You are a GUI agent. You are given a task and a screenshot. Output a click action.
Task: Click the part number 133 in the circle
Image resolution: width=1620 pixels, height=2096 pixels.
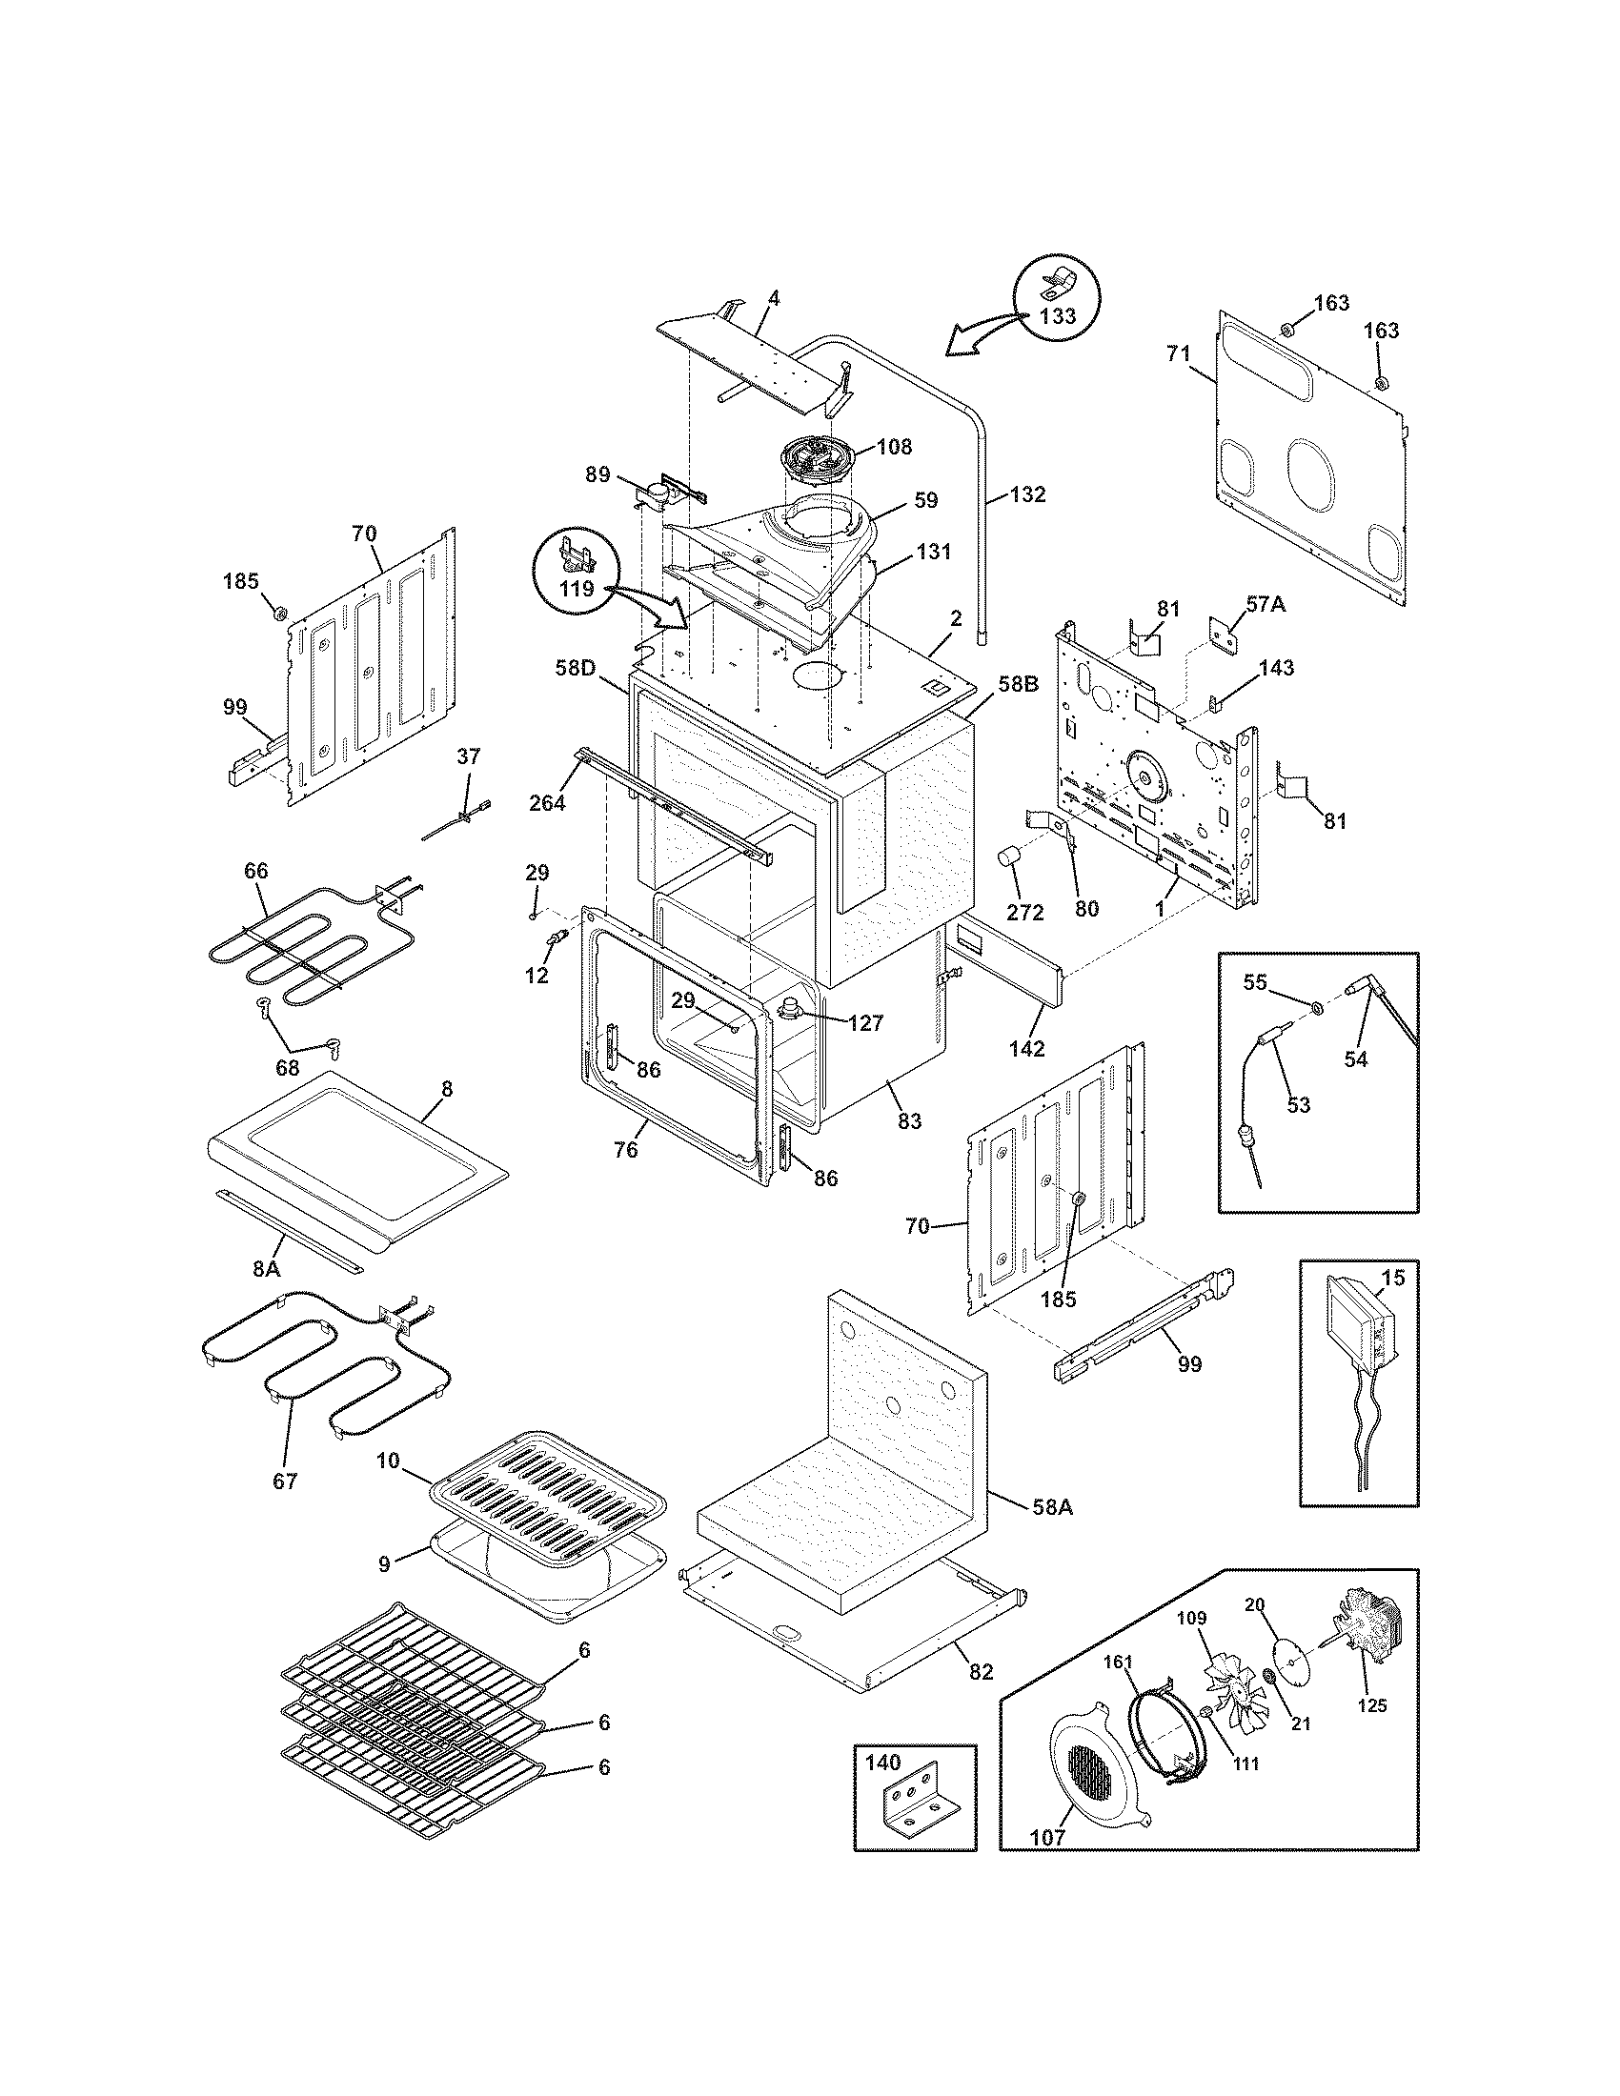1057,315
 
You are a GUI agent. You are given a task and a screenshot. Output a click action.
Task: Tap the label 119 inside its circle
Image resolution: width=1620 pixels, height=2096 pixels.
577,588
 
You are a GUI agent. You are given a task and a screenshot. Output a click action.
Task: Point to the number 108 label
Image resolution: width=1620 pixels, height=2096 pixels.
894,446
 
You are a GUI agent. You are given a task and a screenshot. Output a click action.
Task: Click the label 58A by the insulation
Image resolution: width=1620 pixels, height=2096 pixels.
1052,1508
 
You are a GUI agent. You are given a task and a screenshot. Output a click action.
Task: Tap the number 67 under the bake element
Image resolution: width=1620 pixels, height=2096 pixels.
285,1481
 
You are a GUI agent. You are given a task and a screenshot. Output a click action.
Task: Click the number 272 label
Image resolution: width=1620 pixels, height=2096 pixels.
1024,913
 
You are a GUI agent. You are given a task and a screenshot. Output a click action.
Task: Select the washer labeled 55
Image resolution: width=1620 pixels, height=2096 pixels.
1318,1008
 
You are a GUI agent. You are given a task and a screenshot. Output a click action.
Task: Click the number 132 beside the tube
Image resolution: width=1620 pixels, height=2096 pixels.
1028,495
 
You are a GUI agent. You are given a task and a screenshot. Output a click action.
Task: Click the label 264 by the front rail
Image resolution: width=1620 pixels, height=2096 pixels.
547,803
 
